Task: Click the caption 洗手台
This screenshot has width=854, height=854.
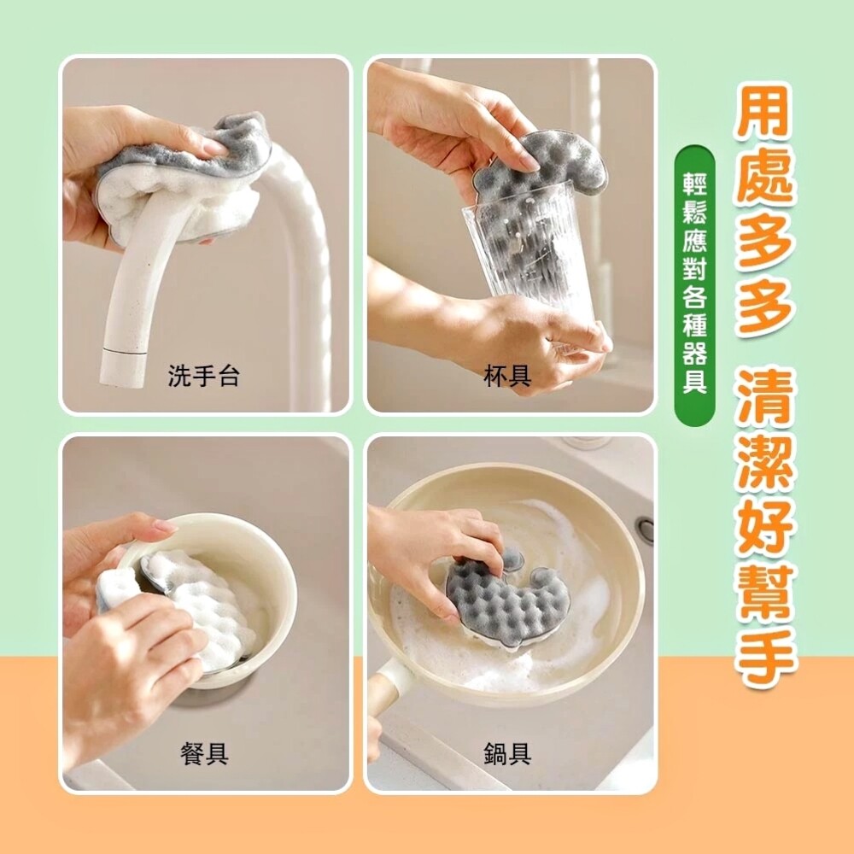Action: click(x=203, y=376)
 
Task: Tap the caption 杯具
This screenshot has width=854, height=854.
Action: click(x=507, y=376)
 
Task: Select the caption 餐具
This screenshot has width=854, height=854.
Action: click(x=204, y=754)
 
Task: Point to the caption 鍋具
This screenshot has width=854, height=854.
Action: click(x=507, y=754)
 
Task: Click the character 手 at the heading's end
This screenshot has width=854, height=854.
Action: click(x=768, y=656)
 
